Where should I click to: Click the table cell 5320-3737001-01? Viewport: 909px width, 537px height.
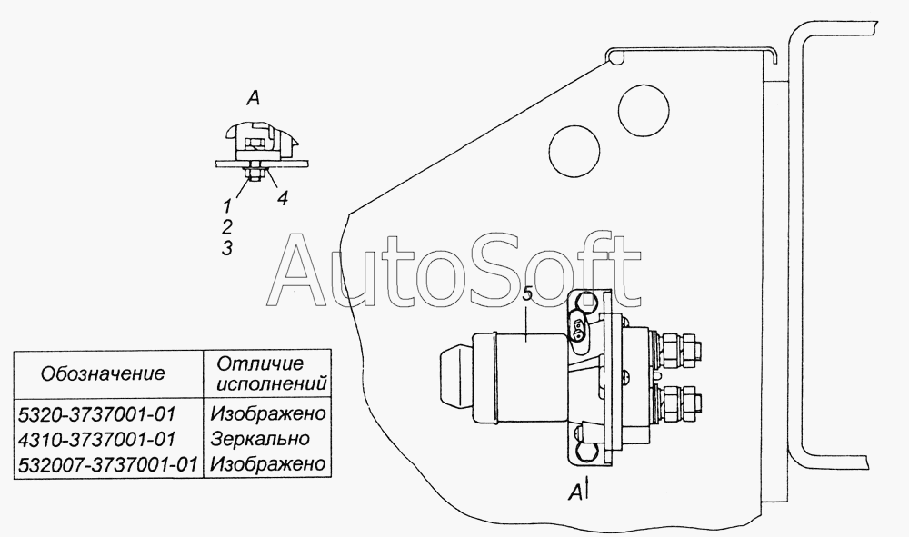point(97,414)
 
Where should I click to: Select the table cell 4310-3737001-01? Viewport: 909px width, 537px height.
point(97,439)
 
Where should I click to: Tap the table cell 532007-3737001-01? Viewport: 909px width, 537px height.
point(108,464)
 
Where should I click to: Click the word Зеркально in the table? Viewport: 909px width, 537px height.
point(260,439)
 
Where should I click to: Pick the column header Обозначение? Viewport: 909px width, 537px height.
point(103,373)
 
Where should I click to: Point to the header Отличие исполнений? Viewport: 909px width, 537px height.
point(267,373)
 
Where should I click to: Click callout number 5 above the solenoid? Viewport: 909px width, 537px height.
point(527,293)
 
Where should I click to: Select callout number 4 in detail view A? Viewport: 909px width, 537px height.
point(282,199)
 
